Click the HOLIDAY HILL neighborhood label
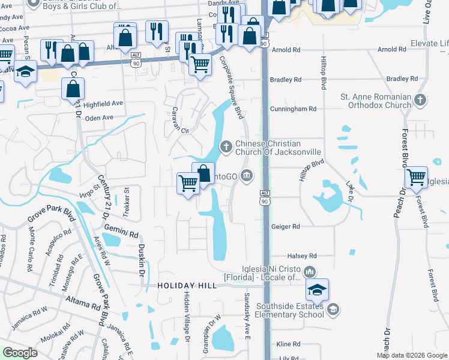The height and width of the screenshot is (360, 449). point(186,286)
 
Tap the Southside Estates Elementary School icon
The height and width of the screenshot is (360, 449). point(333,310)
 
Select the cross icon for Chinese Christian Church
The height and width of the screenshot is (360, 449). point(226,145)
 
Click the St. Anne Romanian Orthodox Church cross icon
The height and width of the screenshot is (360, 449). point(420,100)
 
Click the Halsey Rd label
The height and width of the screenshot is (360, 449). point(301,256)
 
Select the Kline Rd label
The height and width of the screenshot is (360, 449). point(288,344)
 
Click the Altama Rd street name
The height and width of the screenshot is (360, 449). point(79,304)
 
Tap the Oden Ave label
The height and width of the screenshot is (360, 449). point(100,118)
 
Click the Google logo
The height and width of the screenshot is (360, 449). point(20,353)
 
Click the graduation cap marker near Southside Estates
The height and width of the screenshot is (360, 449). point(316,290)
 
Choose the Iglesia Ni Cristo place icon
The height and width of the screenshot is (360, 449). point(310,271)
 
